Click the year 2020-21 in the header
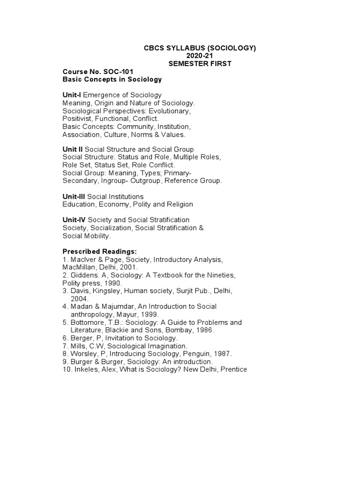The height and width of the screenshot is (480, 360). point(200,56)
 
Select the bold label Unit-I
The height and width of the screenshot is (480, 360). point(72,95)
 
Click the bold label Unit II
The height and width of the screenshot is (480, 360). point(73,149)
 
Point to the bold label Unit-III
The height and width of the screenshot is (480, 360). point(74,196)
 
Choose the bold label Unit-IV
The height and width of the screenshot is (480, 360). point(74,220)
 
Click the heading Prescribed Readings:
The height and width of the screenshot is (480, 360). point(99,252)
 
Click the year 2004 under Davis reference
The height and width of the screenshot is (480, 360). point(80,299)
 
